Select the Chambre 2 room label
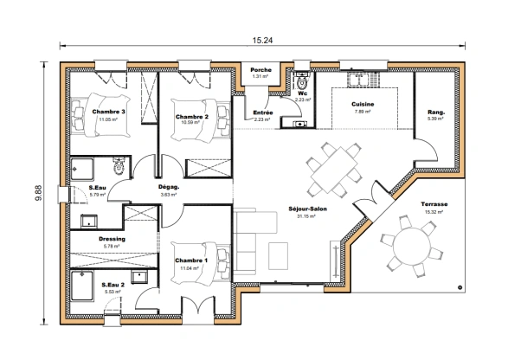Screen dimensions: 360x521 click(192, 116)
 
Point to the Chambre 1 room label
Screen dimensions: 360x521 click(191, 260)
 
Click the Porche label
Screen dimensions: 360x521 click(260, 70)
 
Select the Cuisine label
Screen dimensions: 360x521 click(362, 105)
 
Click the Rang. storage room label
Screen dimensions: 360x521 click(435, 112)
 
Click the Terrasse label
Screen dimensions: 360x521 click(434, 204)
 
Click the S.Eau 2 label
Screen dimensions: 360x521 click(113, 285)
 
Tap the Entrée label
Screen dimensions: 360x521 click(263, 112)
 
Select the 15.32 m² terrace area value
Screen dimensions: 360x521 click(434, 211)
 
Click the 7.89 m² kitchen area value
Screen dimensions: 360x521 click(362, 112)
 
